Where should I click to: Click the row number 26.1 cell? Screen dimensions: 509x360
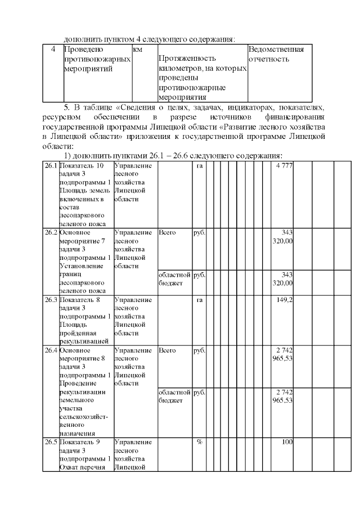[x=51, y=166]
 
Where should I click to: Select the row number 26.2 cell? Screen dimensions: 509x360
[x=51, y=232]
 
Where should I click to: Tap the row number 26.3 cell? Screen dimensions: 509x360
[x=51, y=300]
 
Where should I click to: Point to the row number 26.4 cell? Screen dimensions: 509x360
[x=51, y=350]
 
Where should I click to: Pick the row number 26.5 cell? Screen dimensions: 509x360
[x=51, y=442]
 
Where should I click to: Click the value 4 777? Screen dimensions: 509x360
[x=284, y=166]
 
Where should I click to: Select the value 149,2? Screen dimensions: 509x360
[x=285, y=300]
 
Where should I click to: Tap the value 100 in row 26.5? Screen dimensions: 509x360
[x=287, y=442]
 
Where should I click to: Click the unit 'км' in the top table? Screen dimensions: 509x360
[x=137, y=49]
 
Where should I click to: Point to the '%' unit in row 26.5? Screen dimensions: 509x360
[x=199, y=442]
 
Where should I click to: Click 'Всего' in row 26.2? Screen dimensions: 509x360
[x=167, y=232]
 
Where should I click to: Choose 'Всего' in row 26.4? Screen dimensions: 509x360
[x=167, y=350]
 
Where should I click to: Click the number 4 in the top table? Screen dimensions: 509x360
[x=52, y=49]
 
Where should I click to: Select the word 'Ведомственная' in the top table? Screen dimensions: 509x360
[x=276, y=49]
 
